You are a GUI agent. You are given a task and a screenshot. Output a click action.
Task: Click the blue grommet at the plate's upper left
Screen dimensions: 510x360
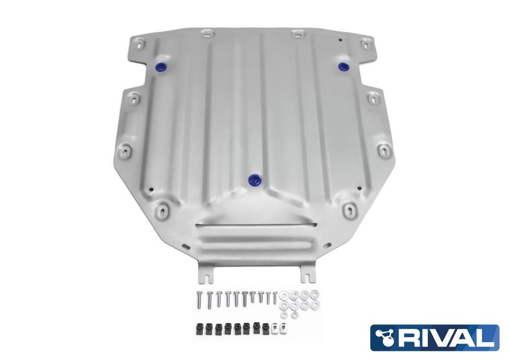[x=161, y=67]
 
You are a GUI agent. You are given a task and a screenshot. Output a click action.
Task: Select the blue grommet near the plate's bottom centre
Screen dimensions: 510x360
[x=254, y=179]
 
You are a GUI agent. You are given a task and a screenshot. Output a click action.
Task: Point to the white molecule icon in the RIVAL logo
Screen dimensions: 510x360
[x=385, y=337]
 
